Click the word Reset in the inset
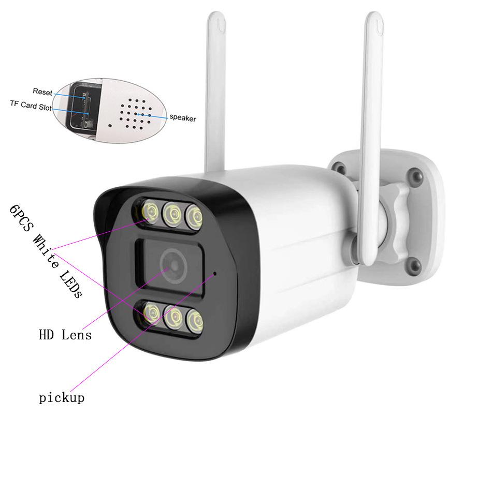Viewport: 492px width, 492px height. pos(42,92)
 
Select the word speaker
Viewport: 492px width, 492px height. pos(183,118)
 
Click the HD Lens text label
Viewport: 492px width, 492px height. pos(65,335)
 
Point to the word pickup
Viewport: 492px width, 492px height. pos(62,398)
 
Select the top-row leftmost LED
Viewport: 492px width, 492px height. pos(151,211)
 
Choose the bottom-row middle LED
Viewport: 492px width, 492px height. pos(173,317)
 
